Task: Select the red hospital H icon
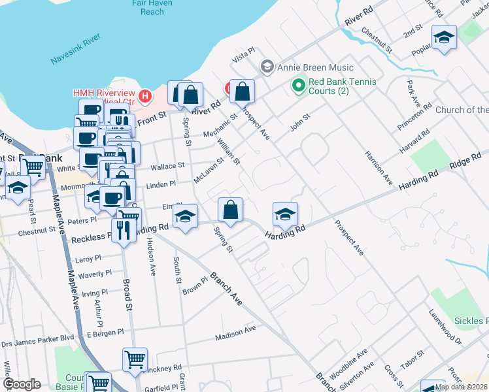[145, 97]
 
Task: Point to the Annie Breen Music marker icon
[267, 67]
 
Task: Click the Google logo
[22, 384]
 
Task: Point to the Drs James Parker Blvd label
[38, 337]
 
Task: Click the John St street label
[299, 118]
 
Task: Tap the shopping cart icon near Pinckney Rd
[135, 359]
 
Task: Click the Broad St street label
[129, 295]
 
